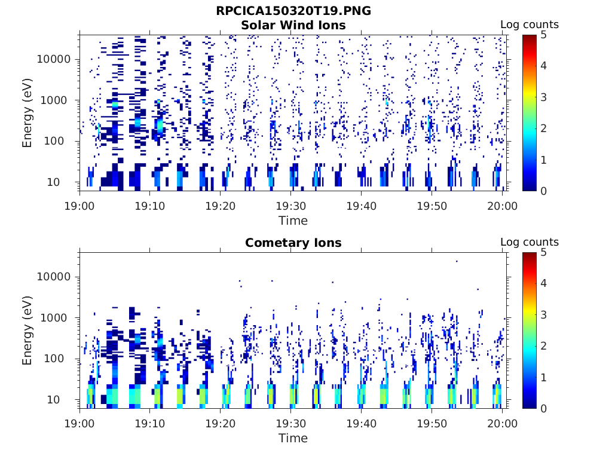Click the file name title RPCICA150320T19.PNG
(x=293, y=11)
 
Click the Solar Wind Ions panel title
(x=293, y=25)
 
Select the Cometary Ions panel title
(x=293, y=243)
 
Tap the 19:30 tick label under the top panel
(x=290, y=206)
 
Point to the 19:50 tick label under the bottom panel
(x=432, y=423)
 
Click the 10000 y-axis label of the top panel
(x=54, y=60)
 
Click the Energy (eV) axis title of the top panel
(x=27, y=112)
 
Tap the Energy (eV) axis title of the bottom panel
(x=27, y=330)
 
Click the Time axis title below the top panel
(x=293, y=221)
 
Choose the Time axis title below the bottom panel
(x=293, y=438)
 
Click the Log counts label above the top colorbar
(x=529, y=25)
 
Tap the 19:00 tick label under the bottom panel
(x=80, y=423)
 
